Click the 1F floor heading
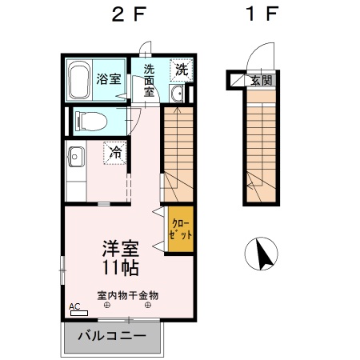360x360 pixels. tap(260, 16)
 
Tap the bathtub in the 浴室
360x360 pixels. tap(80, 79)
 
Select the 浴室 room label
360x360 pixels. tap(109, 80)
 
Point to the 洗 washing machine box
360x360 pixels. tap(182, 70)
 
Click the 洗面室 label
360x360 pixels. tap(149, 80)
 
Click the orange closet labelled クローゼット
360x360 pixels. tap(180, 230)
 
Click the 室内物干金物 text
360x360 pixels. tap(128, 294)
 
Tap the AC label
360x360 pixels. tap(74, 306)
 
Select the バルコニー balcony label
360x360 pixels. tap(112, 336)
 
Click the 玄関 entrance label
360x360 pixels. tap(260, 81)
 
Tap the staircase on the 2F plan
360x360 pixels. tap(178, 152)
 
